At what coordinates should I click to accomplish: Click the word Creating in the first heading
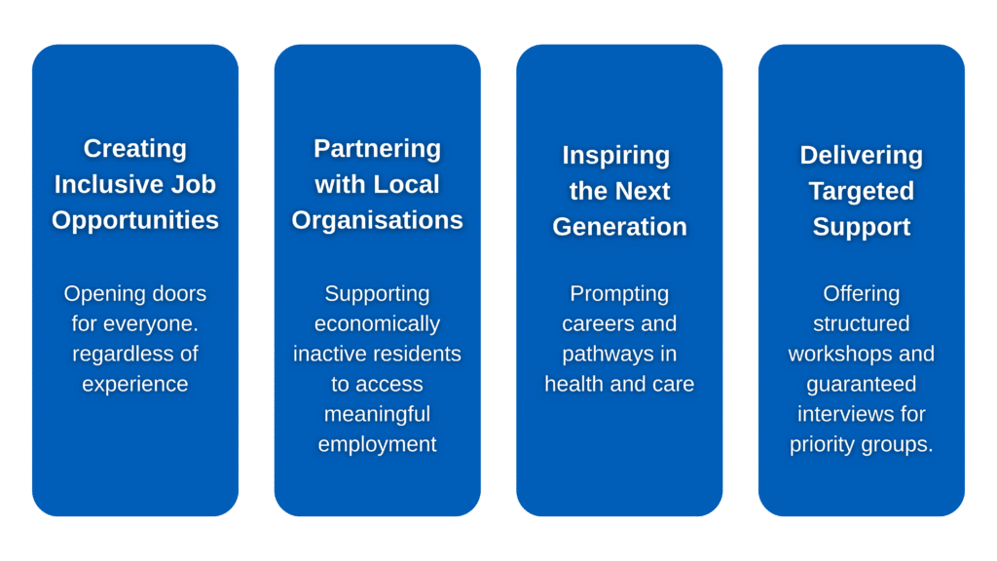134,149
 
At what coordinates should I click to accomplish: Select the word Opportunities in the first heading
134,220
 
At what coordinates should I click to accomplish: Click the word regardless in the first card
111,354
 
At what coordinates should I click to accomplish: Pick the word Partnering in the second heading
377,149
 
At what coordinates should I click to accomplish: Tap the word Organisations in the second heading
377,220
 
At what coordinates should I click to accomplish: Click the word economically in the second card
377,323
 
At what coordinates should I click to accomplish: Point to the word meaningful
377,414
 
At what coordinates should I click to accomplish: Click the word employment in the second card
377,444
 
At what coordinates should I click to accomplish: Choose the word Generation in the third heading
619,227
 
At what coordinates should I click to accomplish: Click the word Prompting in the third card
619,293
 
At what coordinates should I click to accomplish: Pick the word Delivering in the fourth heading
861,156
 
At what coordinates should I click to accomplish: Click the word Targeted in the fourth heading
861,191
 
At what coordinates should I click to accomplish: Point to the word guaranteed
861,384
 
